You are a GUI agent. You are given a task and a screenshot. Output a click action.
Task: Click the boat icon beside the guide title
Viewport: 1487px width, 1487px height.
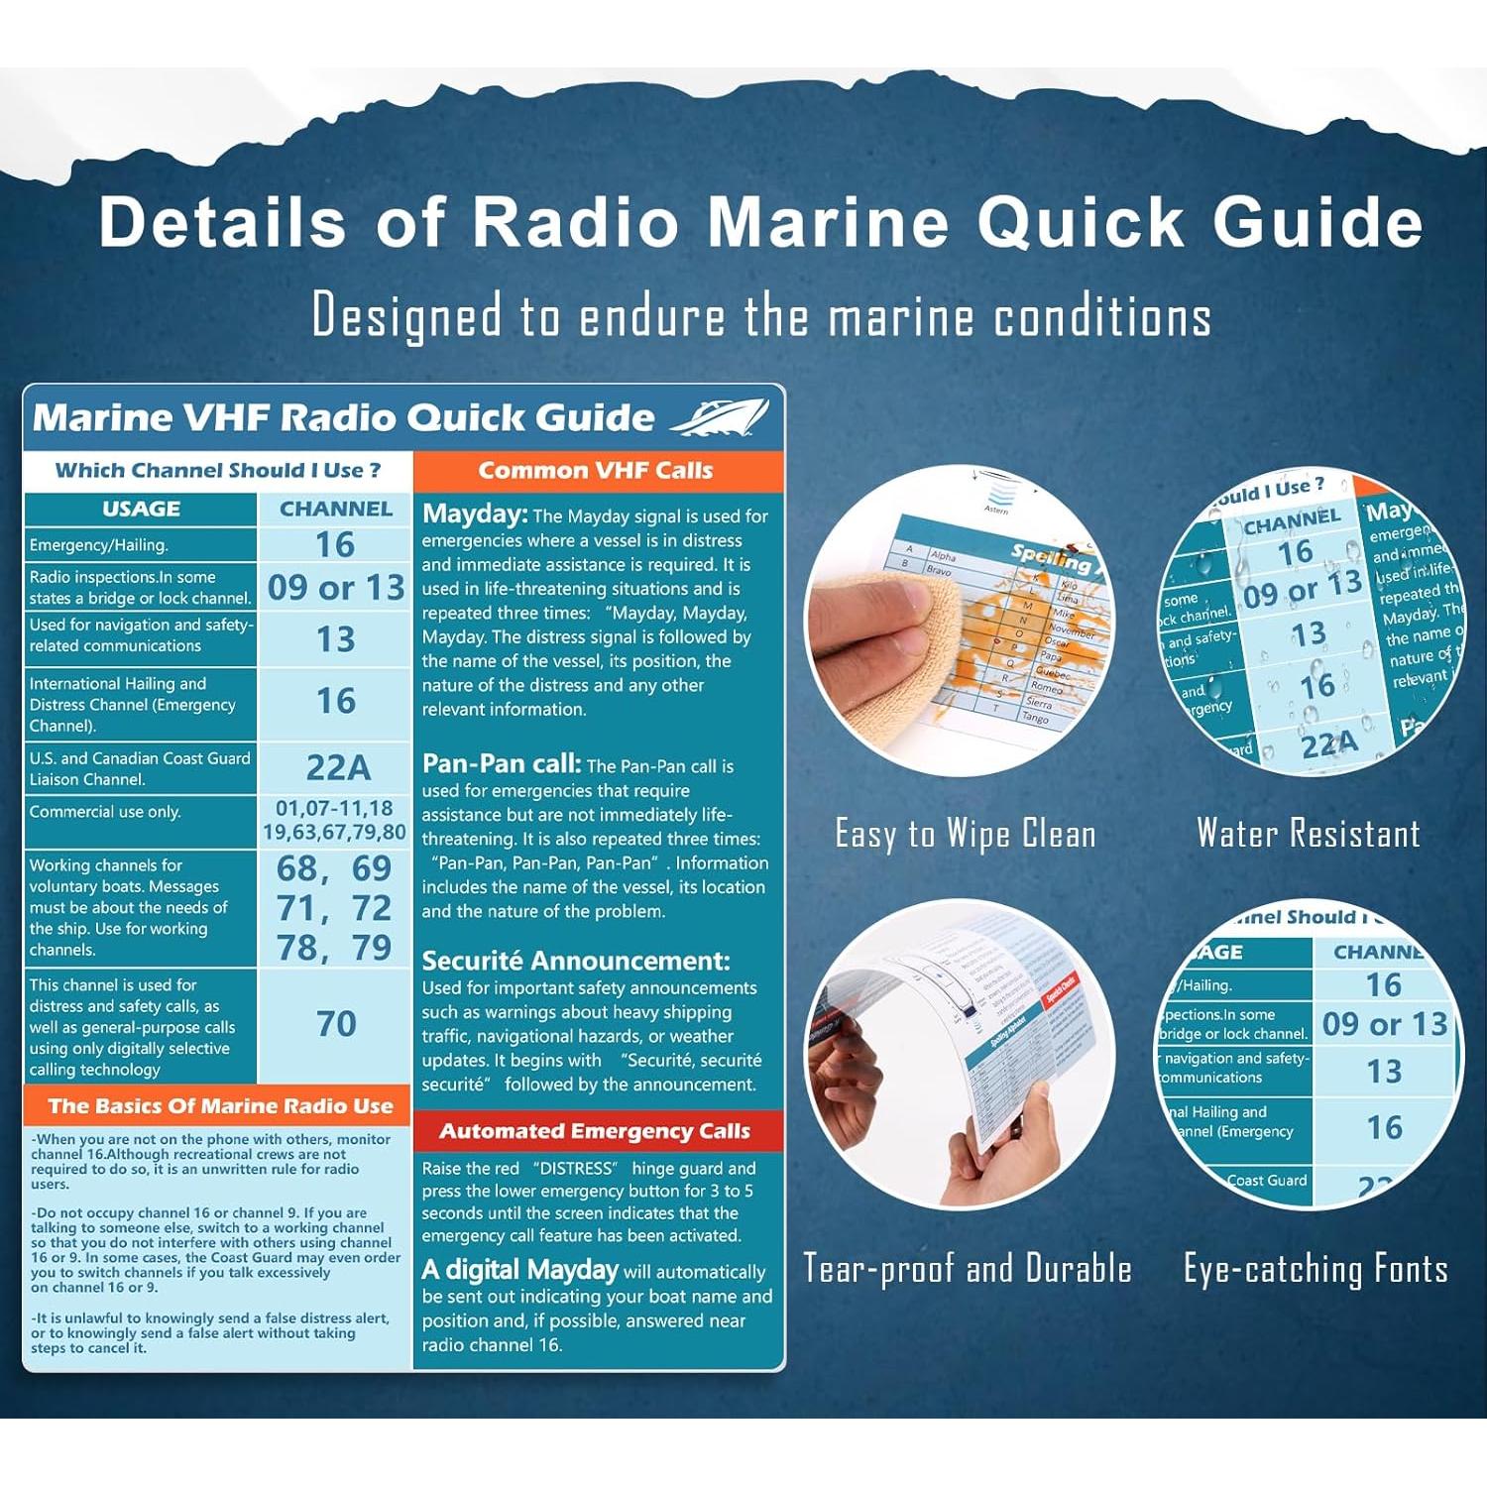pos(721,417)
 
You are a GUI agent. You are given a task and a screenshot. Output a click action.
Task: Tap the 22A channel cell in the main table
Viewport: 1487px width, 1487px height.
pos(337,767)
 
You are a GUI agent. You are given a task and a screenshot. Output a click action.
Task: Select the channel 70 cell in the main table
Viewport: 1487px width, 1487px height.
pos(336,1024)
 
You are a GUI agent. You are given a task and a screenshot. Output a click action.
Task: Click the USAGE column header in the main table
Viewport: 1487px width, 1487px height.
pos(141,509)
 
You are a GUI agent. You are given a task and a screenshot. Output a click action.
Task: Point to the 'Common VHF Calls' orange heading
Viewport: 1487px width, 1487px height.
pos(596,471)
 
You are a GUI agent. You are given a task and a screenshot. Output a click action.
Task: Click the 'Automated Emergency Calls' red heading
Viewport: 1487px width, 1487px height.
pos(595,1131)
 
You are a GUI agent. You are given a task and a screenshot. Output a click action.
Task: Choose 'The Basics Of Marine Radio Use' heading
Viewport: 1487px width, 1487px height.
pos(220,1106)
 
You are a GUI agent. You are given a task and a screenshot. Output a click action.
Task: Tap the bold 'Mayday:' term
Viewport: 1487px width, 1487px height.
pos(475,514)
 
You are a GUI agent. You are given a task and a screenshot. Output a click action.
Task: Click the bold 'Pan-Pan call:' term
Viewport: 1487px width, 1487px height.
pos(502,763)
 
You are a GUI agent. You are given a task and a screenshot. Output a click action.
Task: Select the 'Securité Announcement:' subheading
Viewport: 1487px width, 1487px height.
pos(576,961)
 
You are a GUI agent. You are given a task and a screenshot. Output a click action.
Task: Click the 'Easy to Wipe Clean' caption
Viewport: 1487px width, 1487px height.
pos(966,834)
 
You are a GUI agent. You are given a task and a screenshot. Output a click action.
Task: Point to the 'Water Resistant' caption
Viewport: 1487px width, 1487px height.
pos(1309,834)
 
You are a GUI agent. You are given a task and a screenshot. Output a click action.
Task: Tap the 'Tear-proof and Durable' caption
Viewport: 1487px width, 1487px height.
pos(967,1269)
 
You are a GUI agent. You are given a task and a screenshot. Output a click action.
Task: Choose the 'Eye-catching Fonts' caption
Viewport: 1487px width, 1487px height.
pos(1315,1269)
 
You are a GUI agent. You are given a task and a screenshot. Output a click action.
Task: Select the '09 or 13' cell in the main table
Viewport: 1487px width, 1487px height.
pos(336,588)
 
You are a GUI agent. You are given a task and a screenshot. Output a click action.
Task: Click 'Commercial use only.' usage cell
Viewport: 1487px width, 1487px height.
pos(105,812)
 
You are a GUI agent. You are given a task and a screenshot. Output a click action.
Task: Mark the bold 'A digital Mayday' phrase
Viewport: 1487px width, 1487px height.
pos(520,1270)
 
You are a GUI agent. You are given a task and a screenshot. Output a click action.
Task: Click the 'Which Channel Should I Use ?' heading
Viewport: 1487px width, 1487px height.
pos(218,471)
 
